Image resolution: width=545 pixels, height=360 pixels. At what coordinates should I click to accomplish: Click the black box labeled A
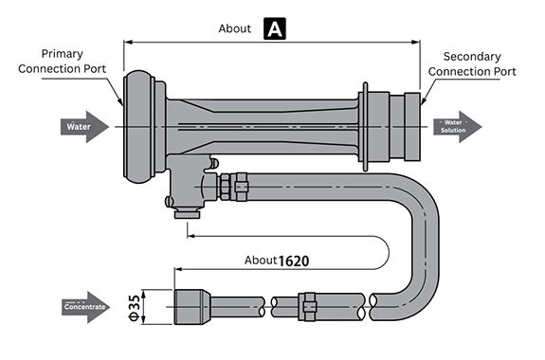pyautogui.click(x=275, y=28)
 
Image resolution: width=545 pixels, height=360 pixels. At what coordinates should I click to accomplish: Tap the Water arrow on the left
pyautogui.click(x=84, y=127)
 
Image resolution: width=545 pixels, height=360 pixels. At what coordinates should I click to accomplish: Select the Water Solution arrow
pyautogui.click(x=457, y=127)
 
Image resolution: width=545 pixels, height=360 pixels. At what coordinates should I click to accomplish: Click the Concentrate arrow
pyautogui.click(x=86, y=307)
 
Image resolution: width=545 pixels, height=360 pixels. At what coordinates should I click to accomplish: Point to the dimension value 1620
pyautogui.click(x=294, y=261)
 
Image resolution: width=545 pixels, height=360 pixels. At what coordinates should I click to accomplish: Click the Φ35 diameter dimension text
pyautogui.click(x=135, y=308)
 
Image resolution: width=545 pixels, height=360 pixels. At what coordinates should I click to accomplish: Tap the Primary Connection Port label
pyautogui.click(x=63, y=62)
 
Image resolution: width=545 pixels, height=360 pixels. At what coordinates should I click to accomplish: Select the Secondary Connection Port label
pyautogui.click(x=472, y=63)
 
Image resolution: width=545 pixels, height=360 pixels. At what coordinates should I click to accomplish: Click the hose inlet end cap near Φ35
pyautogui.click(x=192, y=307)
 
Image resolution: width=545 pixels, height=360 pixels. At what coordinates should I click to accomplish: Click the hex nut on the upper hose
pyautogui.click(x=225, y=187)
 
